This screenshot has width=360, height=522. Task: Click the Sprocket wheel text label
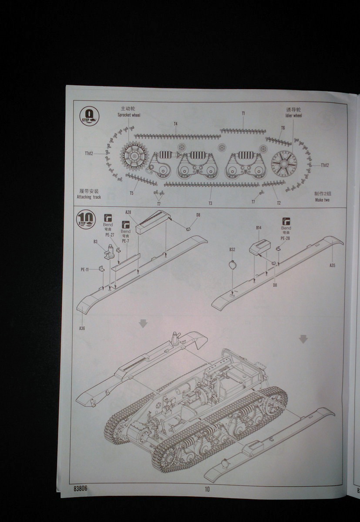[x=130, y=115]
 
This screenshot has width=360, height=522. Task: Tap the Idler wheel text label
[x=291, y=116]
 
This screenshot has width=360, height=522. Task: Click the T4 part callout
[x=175, y=124]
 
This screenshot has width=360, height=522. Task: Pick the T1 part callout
[x=243, y=113]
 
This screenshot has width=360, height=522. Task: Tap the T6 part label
[x=283, y=128]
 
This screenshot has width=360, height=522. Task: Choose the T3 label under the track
[x=210, y=203]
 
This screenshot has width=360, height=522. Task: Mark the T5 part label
[x=131, y=193]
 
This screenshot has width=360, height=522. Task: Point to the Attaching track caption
[x=89, y=197]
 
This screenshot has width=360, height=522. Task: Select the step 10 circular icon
[x=85, y=220]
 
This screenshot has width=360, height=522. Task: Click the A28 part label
[x=128, y=212]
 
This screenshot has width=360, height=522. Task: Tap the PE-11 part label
[x=85, y=270]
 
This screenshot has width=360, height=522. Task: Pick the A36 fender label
[x=82, y=328]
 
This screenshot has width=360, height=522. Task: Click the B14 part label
[x=259, y=228]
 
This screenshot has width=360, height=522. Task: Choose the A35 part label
[x=332, y=265]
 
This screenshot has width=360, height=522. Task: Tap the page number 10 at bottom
[x=207, y=489]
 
